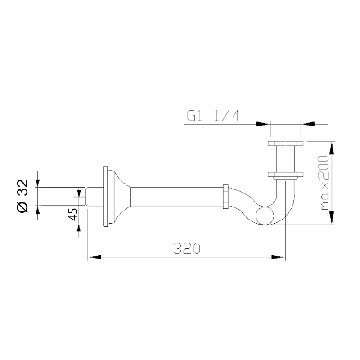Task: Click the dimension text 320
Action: (187, 248)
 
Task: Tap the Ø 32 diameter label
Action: (23, 196)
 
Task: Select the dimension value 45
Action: (73, 214)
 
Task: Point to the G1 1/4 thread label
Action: (213, 116)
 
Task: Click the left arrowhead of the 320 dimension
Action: (94, 257)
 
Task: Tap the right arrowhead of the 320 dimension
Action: (279, 257)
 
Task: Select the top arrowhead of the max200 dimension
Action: (332, 148)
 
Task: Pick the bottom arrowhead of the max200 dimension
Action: (332, 218)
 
